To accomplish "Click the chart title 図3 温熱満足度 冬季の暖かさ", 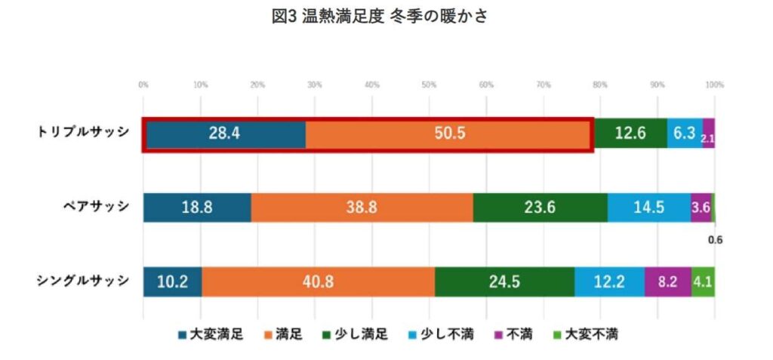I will click(380, 17).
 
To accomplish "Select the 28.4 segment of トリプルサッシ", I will click(225, 134).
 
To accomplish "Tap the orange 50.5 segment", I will click(449, 134).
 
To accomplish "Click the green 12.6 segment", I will click(630, 134).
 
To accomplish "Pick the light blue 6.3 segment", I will click(685, 134).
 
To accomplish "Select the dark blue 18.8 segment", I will click(197, 207).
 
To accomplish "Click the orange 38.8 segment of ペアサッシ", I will click(362, 207).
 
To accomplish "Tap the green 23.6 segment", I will click(540, 207).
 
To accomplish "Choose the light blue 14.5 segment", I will click(648, 207).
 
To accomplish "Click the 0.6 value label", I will click(716, 241).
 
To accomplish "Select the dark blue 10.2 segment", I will click(172, 282).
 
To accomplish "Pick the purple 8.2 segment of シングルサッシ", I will click(668, 282).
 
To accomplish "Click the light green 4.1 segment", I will click(703, 282).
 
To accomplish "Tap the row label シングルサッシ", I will click(83, 281).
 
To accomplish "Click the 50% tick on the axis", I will click(429, 85).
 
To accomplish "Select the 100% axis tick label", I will click(714, 85).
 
